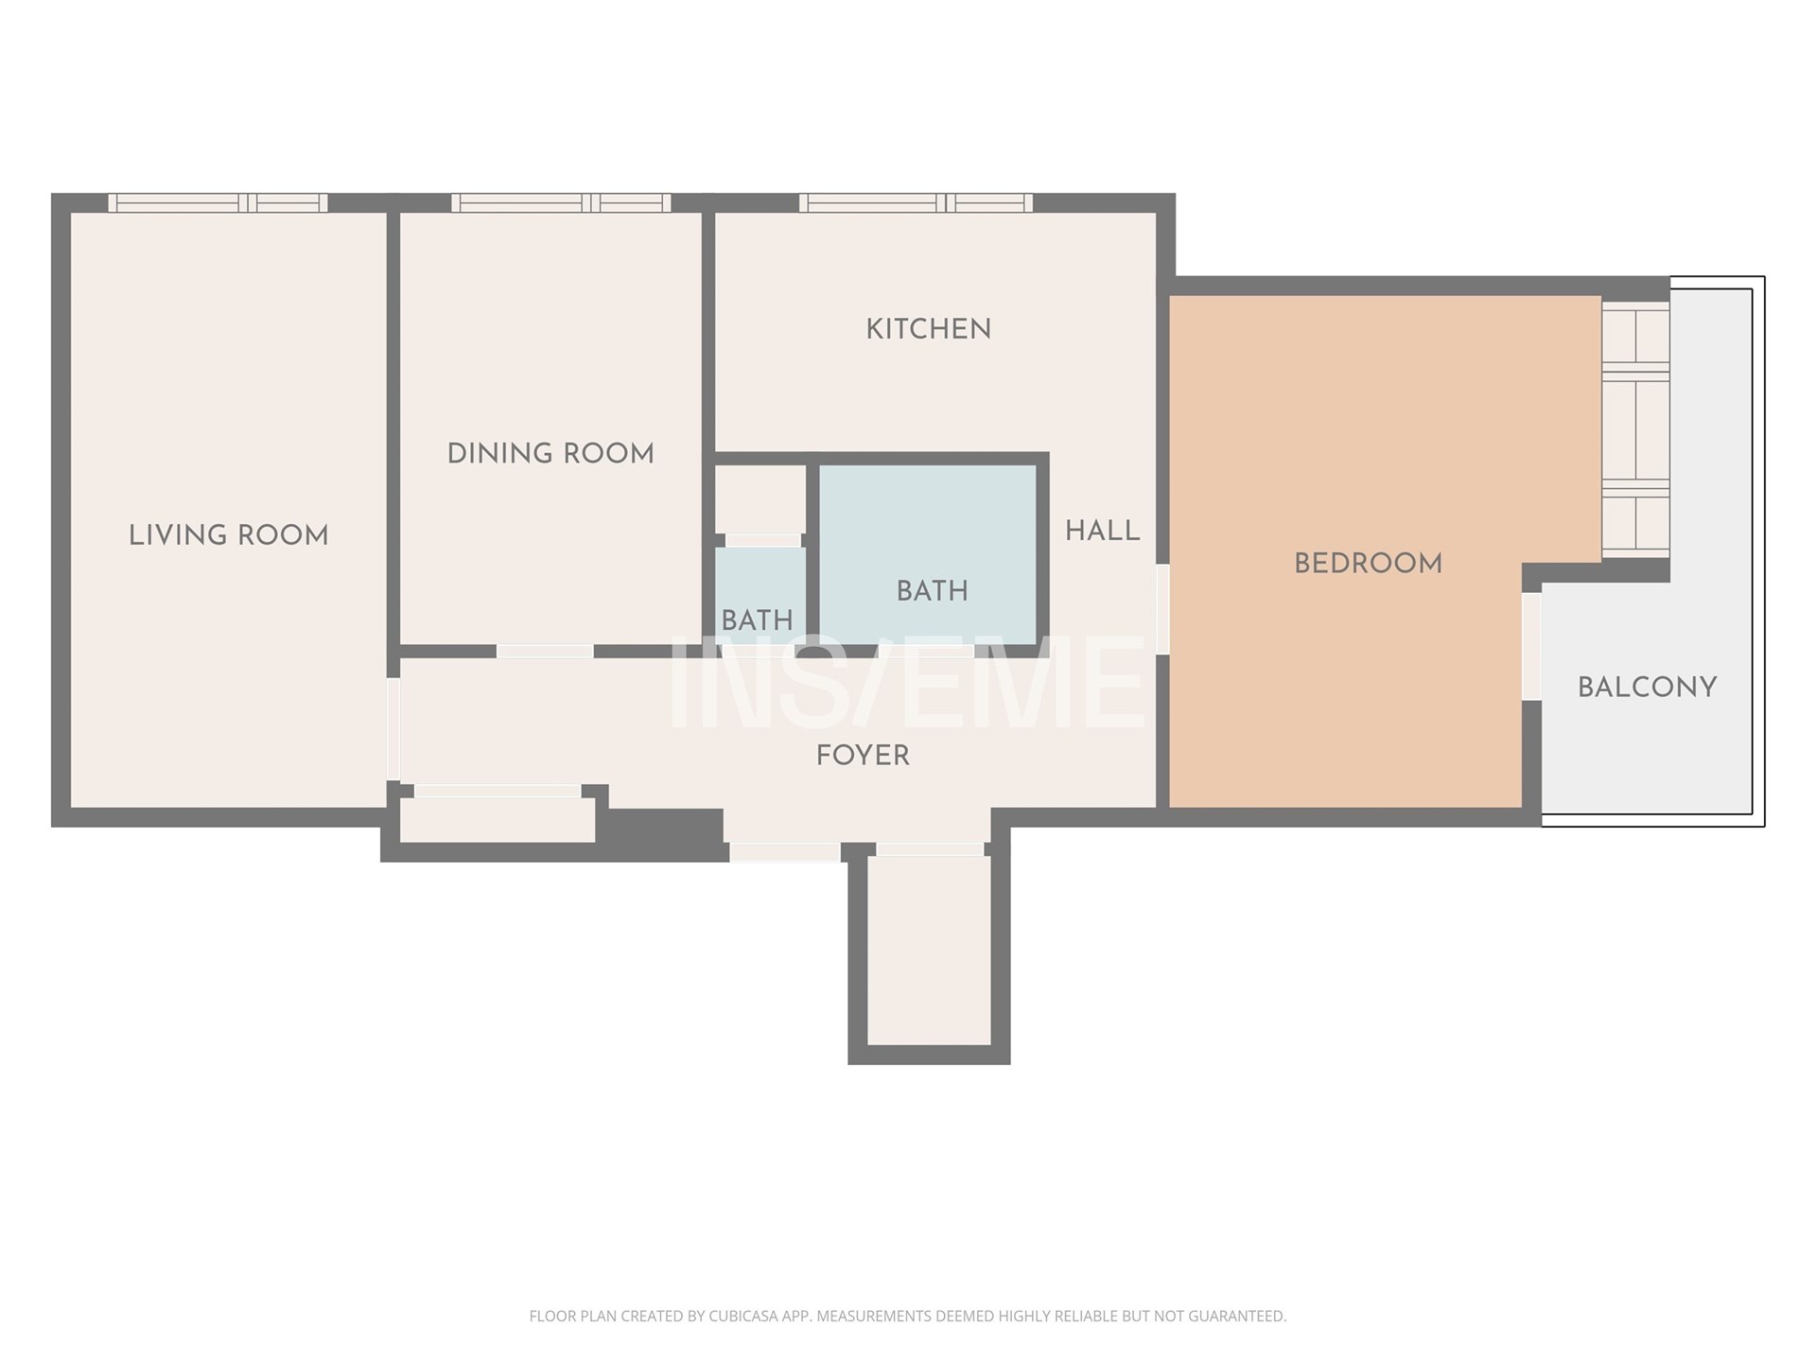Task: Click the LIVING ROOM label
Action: pos(229,535)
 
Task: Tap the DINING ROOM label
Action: pos(550,454)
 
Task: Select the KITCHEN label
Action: pos(929,329)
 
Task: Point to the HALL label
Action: pos(1103,532)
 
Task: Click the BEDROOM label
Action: pos(1369,564)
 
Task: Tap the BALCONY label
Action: pos(1648,688)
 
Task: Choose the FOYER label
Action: pos(864,756)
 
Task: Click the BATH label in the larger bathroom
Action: pos(933,591)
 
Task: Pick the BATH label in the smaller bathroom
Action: pos(758,620)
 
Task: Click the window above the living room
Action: pos(218,202)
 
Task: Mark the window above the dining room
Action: pos(561,202)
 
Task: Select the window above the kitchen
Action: pos(916,202)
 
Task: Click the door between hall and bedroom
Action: pos(1163,609)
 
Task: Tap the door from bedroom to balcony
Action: pos(1531,646)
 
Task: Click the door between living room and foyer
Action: pos(393,729)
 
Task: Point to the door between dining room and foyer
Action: pos(546,652)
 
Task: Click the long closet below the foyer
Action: pos(498,819)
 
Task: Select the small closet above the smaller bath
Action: pos(760,499)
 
